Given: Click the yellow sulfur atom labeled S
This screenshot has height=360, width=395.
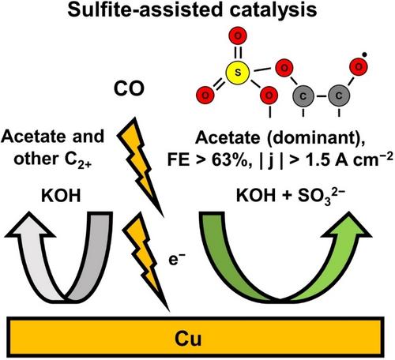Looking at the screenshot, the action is point(238,73).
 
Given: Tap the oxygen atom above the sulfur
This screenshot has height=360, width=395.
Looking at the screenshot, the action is point(238,36).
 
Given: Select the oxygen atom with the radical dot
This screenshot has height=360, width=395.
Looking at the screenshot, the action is point(359,67).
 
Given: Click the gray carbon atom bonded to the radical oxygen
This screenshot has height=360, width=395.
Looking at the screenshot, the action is point(339,96).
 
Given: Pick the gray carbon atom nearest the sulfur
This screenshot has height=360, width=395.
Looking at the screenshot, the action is point(303,96).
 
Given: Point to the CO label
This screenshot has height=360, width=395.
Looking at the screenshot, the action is point(129,88).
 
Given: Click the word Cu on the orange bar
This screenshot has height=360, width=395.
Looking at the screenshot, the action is point(188,338).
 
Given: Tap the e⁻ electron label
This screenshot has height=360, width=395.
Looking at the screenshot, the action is point(177,259).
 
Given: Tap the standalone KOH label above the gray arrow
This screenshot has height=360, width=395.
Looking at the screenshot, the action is point(61,196).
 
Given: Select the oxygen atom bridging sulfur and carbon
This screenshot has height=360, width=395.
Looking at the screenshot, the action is point(284,68).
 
